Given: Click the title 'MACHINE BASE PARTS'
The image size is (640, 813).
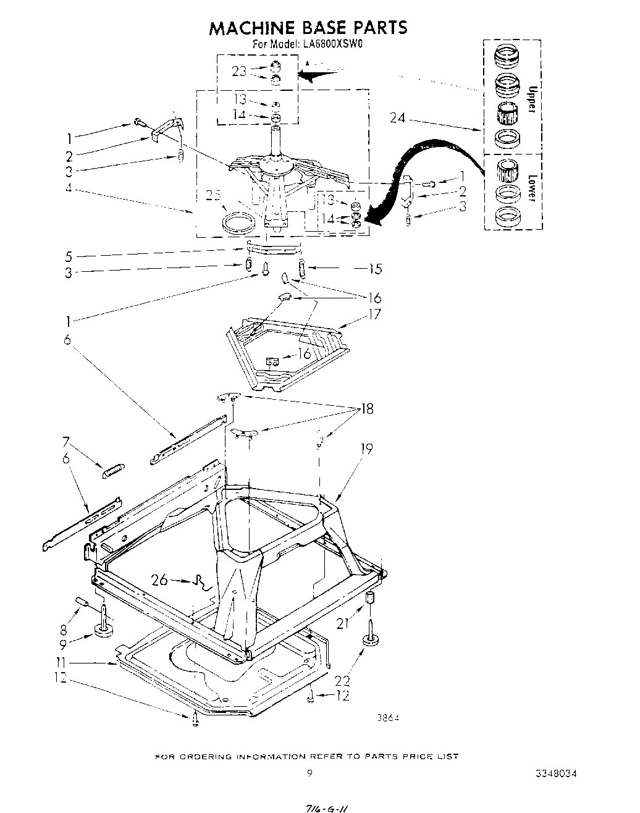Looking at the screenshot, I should click(308, 27).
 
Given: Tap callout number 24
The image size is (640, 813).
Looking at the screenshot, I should click(398, 117).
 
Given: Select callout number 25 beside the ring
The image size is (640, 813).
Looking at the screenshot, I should click(213, 196).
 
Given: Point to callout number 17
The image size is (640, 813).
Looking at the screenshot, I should click(374, 314).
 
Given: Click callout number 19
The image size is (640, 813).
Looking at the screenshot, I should click(366, 448).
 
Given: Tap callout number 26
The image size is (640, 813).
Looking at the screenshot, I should click(159, 579).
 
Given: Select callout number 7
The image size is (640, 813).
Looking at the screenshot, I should click(66, 442).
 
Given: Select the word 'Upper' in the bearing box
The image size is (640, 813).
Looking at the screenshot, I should click(530, 99).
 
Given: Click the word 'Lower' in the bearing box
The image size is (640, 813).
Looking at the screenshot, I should click(530, 187).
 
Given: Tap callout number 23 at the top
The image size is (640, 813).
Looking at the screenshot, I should click(238, 71).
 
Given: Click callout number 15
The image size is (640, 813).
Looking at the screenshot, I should click(374, 269).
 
